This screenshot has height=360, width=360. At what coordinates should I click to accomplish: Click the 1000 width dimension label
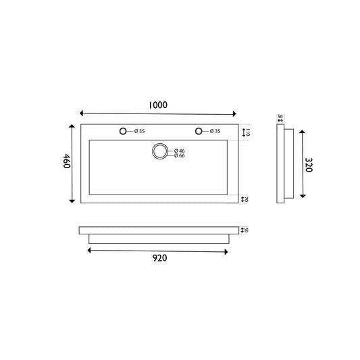pos(158,105)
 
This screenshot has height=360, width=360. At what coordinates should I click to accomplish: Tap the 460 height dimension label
pos(67,163)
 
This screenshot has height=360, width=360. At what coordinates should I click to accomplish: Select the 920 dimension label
pos(159,257)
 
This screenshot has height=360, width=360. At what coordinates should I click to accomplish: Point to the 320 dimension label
pos(309,164)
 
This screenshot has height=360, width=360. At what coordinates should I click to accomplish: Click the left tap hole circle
pos(124,131)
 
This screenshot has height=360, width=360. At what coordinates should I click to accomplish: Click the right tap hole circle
pos(199,131)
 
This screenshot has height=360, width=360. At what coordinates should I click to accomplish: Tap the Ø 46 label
pos(179,150)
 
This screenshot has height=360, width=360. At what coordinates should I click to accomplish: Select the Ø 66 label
pos(179,156)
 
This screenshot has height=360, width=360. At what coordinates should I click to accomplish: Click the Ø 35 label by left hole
pos(139,131)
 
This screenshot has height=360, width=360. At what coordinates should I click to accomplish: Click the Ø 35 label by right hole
pos(215,131)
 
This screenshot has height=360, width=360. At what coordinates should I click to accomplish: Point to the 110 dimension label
pos(248,132)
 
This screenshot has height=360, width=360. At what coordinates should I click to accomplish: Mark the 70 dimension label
pos(248,199)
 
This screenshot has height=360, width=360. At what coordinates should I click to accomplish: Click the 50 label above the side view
pos(280,116)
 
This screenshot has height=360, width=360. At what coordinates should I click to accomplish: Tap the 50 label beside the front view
pos(248,230)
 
